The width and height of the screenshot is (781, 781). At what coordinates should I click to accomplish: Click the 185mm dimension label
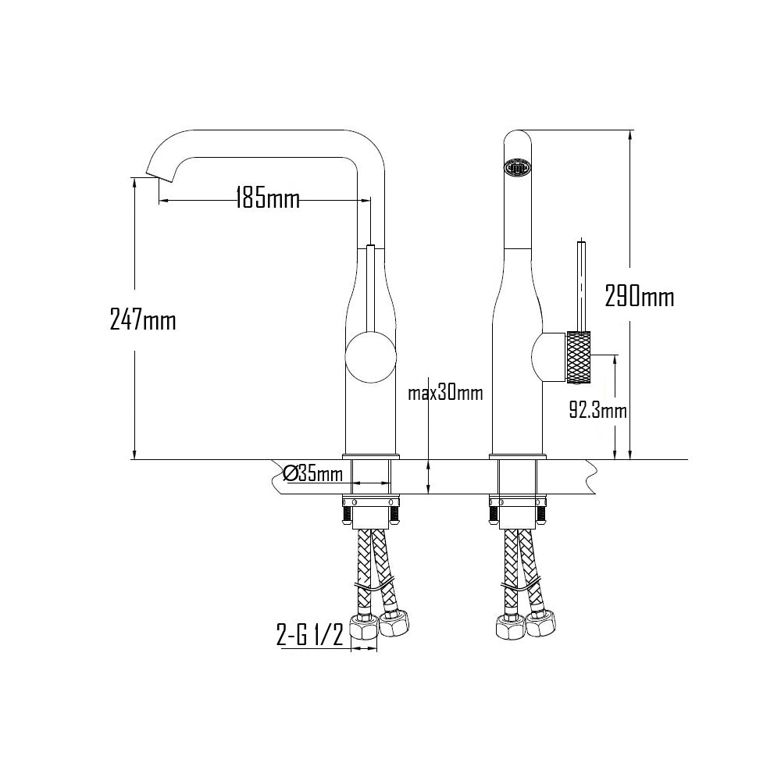tap(267, 199)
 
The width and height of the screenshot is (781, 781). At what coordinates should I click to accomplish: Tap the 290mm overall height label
tap(639, 297)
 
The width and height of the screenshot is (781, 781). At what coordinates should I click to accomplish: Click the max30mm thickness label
tap(445, 394)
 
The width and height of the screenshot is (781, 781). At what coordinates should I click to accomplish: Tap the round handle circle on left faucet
tap(370, 356)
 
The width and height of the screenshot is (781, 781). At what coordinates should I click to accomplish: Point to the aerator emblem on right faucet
tap(517, 166)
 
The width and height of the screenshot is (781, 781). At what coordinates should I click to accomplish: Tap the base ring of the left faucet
tap(370, 456)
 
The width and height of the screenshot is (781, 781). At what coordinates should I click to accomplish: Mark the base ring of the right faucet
tap(517, 456)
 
